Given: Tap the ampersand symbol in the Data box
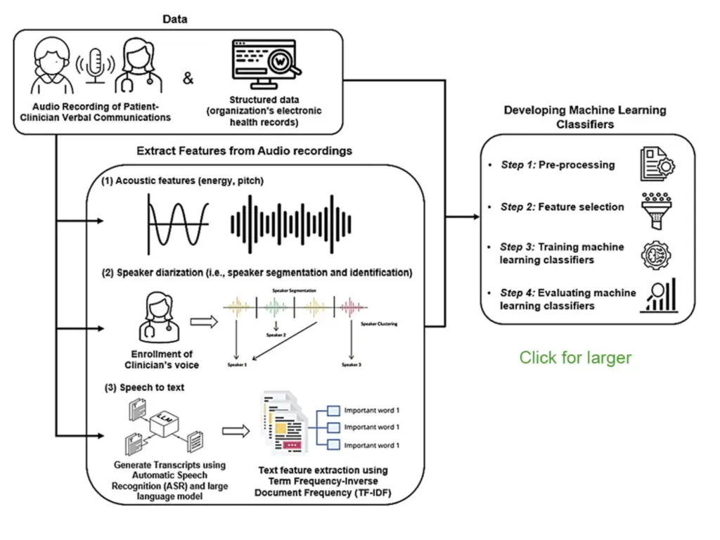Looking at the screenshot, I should pos(188,79).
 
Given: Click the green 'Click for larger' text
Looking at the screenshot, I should pos(575,357).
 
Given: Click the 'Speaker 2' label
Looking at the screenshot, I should pos(276,335).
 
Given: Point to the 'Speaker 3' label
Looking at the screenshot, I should pos(351,365).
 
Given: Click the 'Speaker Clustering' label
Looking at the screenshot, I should pos(379,324).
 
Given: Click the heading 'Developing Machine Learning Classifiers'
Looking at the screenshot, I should pos(584,117).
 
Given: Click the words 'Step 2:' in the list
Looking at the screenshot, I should pos(517,207).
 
